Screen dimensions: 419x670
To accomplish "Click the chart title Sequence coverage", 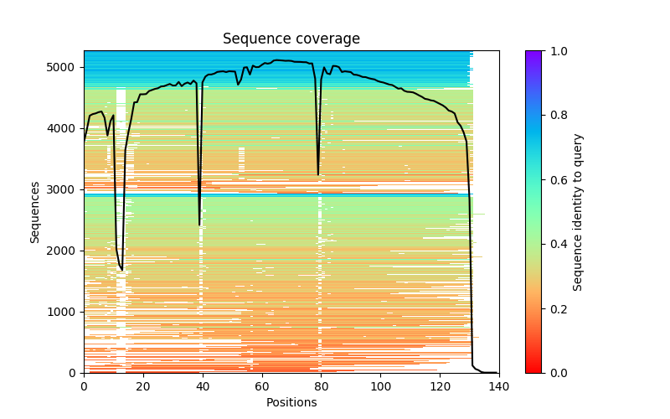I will coord(291,39).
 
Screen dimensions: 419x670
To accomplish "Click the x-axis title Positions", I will coord(291,402).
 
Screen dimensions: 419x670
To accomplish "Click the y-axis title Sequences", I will coord(35,211).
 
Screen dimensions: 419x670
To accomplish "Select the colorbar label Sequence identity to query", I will coord(578,212).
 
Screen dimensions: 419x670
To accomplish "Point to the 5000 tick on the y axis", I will coord(68,67).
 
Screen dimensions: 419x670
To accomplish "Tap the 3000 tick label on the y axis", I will coord(68,189).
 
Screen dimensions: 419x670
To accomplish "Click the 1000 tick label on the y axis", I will coord(68,312).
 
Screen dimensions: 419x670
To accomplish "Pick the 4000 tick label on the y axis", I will coord(68,128).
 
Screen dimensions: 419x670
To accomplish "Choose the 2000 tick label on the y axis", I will coord(68,251).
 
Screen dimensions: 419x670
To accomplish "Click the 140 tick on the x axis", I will coord(499,385).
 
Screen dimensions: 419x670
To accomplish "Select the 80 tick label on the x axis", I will coord(321,385).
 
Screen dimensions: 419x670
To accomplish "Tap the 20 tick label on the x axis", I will coord(143,385).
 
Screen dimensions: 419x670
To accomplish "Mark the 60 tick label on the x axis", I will coord(261,385).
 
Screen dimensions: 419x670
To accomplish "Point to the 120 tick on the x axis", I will coord(440,385).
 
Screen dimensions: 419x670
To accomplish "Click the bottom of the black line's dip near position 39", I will coord(199,225).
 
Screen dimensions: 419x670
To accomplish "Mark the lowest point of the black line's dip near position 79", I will coord(318,174).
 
